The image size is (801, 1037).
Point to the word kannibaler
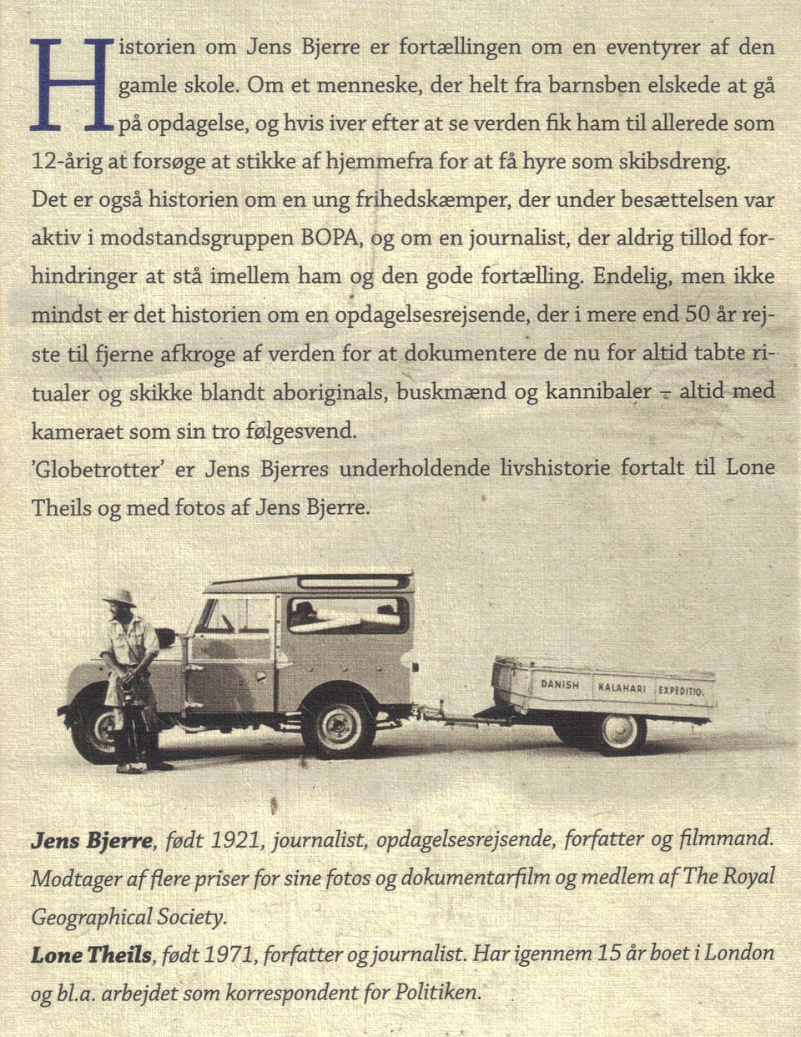point(598,391)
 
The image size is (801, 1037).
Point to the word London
point(739,953)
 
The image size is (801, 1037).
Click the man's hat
point(120,597)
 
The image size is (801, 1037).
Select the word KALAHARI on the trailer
point(622,688)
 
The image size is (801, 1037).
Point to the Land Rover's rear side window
point(347,616)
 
